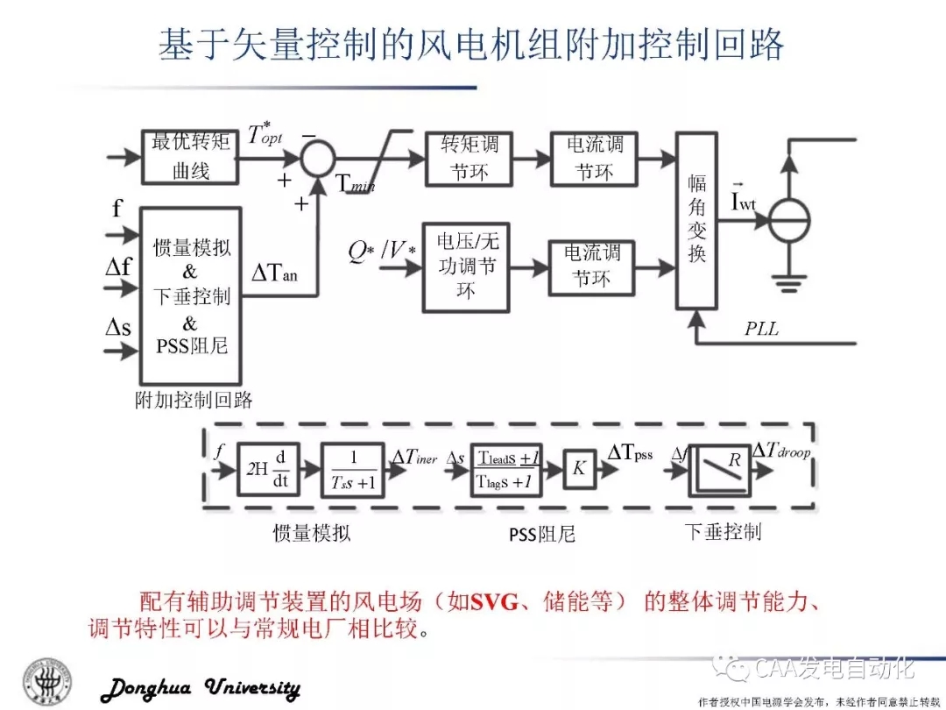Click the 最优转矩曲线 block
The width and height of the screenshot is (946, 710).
coord(190,156)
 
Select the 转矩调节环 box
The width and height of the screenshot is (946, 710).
coord(469,159)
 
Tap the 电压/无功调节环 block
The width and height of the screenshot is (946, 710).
coord(466,266)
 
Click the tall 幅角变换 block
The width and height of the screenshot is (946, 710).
coord(696,219)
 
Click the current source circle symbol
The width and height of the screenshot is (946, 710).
coord(789,220)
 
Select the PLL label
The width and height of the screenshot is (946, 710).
coord(761,330)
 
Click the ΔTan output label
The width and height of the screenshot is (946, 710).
coord(274,273)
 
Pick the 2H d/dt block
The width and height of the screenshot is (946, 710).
coord(267,470)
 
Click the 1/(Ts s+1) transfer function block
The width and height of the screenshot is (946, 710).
coord(353,470)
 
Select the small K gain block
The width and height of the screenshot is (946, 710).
coord(578,469)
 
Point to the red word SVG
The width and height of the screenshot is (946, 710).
coord(497,603)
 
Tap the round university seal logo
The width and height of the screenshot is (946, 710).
coord(48,680)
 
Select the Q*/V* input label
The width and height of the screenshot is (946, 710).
coord(382,252)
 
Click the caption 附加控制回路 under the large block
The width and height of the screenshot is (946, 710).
coord(194,401)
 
